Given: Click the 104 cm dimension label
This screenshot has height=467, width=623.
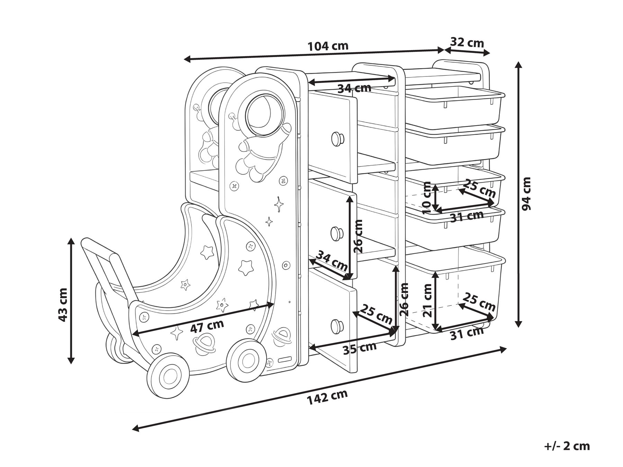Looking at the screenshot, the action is pos(328,46).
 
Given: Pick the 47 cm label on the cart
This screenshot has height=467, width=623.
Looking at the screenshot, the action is pos(207,326).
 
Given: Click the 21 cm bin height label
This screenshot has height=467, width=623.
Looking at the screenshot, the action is pos(428,300).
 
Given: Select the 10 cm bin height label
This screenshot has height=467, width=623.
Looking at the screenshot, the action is pos(427,198).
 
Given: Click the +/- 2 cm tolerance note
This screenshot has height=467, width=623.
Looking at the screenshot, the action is pos(567,446).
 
